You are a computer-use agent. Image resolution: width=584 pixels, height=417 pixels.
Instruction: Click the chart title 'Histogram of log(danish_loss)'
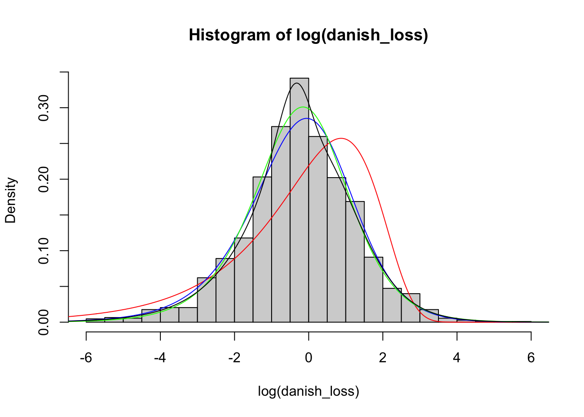coord(309,35)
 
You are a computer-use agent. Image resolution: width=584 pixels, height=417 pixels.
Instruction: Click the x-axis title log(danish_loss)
coord(309,391)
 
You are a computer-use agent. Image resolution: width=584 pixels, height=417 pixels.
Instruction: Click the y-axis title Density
coord(10,200)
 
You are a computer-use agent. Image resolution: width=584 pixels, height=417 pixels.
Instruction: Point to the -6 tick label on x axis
coord(86,358)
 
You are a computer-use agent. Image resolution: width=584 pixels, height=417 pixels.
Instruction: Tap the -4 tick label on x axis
coord(160,358)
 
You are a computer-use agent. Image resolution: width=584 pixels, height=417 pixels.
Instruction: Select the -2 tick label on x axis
coord(234,358)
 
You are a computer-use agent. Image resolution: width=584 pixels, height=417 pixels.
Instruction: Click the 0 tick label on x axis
coord(309,358)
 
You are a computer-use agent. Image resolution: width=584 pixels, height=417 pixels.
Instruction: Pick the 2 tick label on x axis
coord(383,358)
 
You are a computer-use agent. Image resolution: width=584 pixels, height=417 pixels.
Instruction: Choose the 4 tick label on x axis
coord(457,358)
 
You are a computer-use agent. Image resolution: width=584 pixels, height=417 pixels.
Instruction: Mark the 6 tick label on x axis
coord(531,358)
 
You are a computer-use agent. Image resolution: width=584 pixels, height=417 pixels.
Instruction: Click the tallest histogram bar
coord(299,200)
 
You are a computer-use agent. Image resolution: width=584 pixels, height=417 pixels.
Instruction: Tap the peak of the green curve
coord(303,107)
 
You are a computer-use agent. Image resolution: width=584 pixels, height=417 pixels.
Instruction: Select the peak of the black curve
coord(296,83)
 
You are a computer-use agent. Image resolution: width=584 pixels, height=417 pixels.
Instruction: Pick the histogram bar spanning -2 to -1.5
coord(244,280)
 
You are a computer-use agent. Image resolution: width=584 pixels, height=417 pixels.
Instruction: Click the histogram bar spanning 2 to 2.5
coord(392,305)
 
